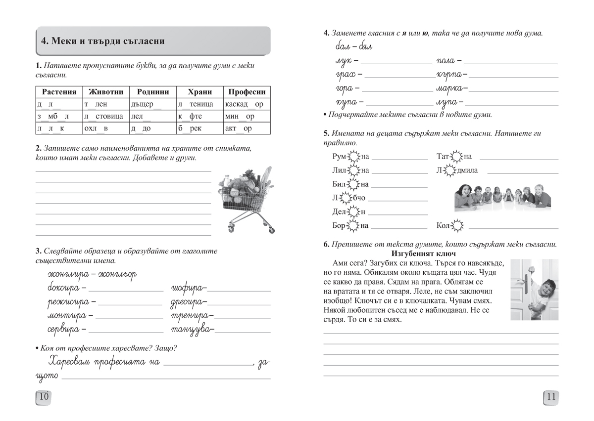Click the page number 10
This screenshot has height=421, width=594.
44,396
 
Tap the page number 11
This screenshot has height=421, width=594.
551,396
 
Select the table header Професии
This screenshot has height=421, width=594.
247,92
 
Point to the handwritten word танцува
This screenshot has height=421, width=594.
192,329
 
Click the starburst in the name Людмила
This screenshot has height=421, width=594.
452,170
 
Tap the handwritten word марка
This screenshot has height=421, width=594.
450,89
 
